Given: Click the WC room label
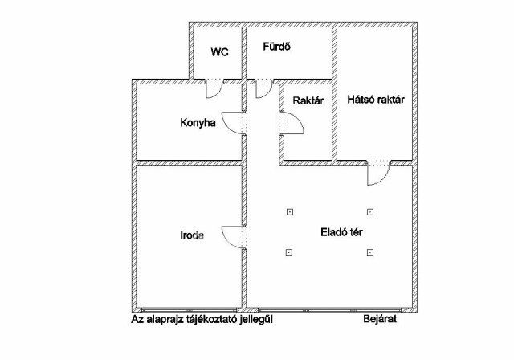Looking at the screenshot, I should click(219, 52).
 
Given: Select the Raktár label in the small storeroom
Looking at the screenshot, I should click(308, 100).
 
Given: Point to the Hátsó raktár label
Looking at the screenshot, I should click(375, 100).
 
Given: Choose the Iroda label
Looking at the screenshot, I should click(190, 236).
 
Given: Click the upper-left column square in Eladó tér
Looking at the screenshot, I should click(289, 212).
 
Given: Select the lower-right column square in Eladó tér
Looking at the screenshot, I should click(369, 253).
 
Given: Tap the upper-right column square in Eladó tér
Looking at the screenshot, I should click(369, 212).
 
